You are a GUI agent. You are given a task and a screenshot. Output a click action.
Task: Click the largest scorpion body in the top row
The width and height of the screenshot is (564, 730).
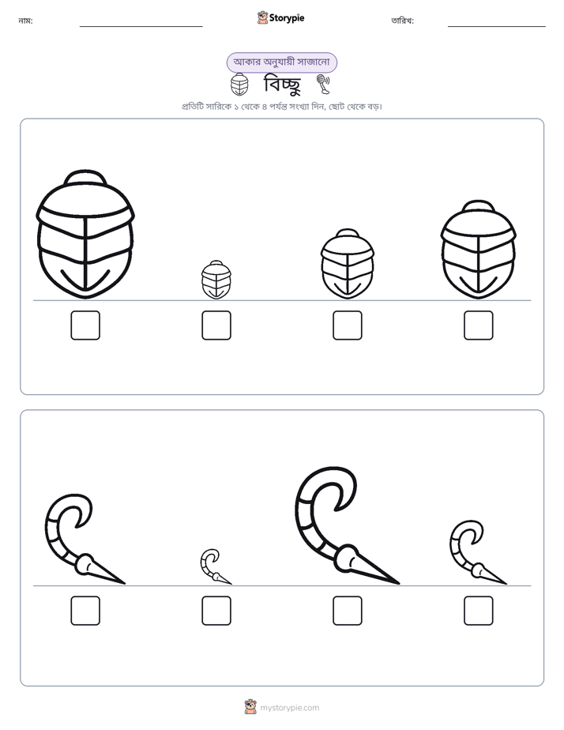(x=85, y=234)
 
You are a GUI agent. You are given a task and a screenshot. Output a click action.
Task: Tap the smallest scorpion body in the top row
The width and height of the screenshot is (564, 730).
(x=216, y=280)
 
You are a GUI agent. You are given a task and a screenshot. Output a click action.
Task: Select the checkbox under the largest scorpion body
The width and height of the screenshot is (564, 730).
(x=85, y=325)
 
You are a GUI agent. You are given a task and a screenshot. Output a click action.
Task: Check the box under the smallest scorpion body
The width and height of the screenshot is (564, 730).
(x=216, y=325)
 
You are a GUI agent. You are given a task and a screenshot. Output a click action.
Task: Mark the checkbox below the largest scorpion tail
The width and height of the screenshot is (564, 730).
(x=348, y=611)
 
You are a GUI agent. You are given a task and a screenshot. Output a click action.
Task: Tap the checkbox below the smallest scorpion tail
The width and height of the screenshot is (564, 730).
(x=216, y=611)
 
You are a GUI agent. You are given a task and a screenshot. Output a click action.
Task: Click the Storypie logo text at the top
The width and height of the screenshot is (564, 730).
(x=287, y=18)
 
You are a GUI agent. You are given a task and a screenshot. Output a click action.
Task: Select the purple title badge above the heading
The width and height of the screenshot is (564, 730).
(x=281, y=62)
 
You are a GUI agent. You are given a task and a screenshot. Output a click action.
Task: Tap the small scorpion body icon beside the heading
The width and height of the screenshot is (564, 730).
(x=239, y=85)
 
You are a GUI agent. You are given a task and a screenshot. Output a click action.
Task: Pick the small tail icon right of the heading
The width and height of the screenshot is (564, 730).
(x=323, y=85)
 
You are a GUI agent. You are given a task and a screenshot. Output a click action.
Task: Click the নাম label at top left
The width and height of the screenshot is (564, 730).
(x=25, y=21)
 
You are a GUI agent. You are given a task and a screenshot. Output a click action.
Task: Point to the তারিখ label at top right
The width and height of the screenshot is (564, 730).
(x=403, y=21)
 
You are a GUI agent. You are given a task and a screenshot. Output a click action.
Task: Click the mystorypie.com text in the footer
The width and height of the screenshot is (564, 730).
(x=289, y=708)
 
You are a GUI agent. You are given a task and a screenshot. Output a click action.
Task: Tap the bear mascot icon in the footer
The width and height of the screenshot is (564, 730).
(x=251, y=707)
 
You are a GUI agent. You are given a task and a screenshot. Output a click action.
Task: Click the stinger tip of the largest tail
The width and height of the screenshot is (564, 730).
(x=399, y=583)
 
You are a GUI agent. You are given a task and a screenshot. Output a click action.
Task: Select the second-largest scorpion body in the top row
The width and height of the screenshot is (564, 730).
(x=479, y=250)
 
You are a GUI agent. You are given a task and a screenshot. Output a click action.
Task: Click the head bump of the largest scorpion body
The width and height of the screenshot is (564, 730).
(x=85, y=178)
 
